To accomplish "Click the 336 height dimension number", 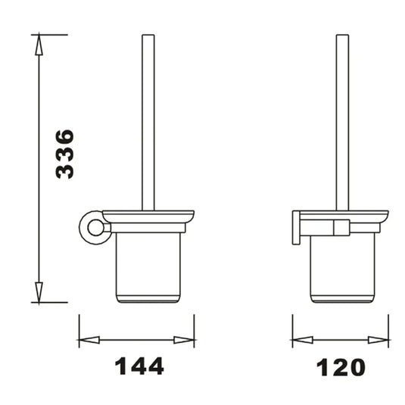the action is click(x=65, y=154).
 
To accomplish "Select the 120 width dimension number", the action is click(x=341, y=367).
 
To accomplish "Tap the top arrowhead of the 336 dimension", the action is click(x=39, y=45).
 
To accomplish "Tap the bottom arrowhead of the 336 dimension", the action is click(x=39, y=292).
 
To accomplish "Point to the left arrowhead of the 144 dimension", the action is click(x=89, y=340).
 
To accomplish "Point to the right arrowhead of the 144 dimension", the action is click(x=184, y=340).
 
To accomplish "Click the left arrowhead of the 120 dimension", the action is click(x=303, y=340).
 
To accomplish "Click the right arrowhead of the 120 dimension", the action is click(x=379, y=340).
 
